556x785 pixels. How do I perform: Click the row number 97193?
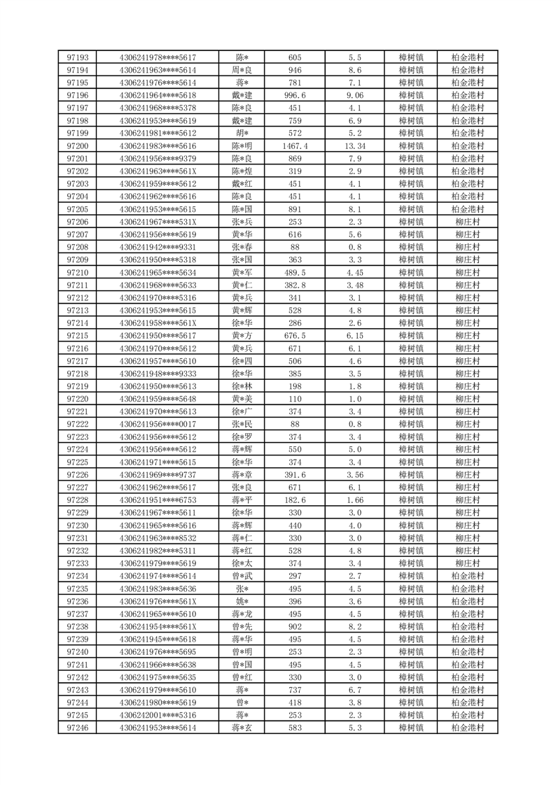77,57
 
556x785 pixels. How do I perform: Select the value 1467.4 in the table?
295,146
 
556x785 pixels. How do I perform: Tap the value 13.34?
354,146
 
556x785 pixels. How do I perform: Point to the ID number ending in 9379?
158,159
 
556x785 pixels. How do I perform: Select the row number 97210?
77,273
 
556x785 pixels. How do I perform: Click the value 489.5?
295,273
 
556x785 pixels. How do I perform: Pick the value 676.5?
295,336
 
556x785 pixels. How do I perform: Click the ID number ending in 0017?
158,424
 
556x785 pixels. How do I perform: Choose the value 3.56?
354,475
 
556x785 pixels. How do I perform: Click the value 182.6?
295,500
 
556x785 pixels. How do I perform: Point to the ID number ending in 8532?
158,538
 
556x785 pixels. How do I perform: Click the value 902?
295,627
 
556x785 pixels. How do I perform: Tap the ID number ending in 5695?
158,652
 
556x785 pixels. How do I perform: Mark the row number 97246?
77,728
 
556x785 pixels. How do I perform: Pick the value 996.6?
295,95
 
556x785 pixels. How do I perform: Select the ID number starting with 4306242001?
158,716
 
